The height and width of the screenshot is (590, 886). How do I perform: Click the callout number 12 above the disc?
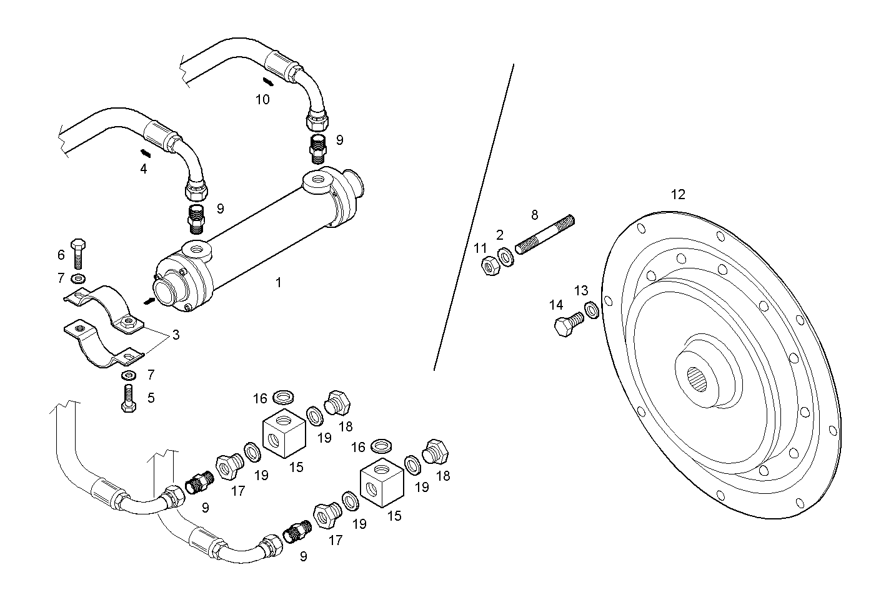678,195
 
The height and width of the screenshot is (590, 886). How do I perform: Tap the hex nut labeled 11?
489,267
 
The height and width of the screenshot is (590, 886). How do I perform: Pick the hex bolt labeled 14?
568,324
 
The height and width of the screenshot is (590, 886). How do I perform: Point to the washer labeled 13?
591,309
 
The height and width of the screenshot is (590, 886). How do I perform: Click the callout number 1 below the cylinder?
278,283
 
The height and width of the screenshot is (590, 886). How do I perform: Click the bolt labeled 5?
129,398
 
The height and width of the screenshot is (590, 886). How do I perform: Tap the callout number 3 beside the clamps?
176,335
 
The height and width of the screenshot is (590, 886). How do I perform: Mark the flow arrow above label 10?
267,82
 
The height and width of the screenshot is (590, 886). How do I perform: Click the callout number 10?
262,99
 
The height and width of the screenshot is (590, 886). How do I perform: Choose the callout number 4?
144,169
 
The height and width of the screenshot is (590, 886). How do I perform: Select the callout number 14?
556,305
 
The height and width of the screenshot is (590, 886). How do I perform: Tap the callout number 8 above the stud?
534,215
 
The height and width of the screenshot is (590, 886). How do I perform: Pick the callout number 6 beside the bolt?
61,255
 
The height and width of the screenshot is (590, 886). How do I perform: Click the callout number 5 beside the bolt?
151,398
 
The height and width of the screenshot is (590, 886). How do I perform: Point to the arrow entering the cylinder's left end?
149,302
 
